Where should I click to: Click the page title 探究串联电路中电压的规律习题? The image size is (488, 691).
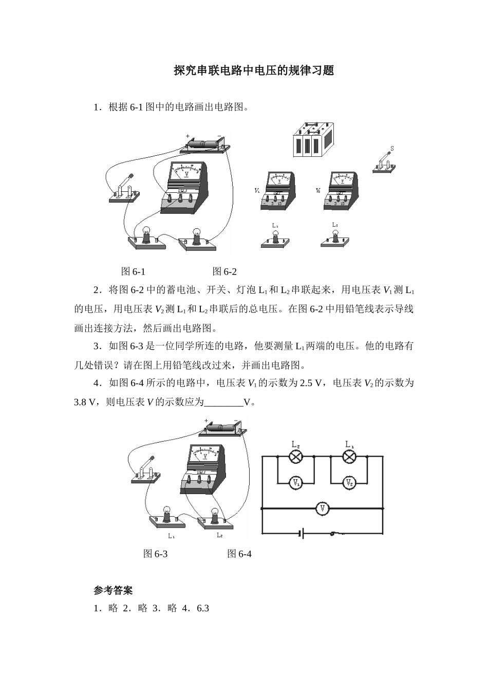pos(254,70)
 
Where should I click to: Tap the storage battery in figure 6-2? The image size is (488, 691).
pos(313,140)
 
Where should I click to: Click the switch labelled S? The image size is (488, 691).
pos(384,161)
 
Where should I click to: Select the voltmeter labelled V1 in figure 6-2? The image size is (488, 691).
pos(278,191)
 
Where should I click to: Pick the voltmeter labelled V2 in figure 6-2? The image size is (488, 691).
pos(341,191)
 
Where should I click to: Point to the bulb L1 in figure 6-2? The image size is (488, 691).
pos(275,240)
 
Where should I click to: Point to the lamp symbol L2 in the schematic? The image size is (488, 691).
pos(296,456)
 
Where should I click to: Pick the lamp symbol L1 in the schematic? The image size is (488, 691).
pos(349,456)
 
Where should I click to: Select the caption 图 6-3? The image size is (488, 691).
pos(155,554)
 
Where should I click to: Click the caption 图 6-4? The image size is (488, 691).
pos(239,554)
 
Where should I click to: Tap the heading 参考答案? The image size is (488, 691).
pos(113,590)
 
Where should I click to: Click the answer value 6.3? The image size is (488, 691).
pos(203,608)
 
